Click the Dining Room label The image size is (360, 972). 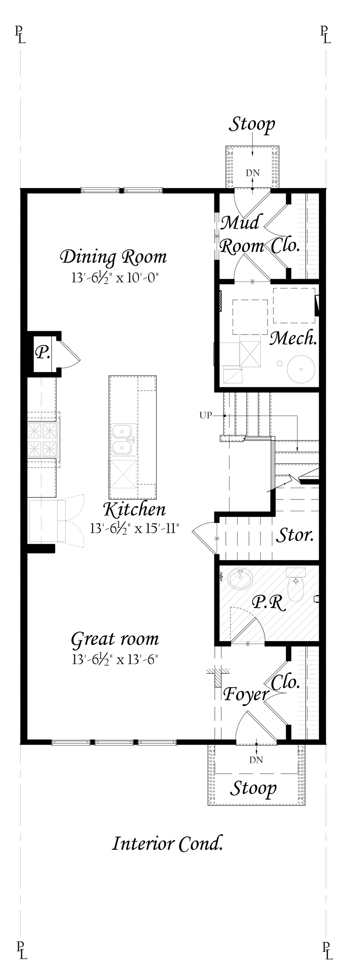(x=114, y=257)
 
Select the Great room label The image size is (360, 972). (x=115, y=639)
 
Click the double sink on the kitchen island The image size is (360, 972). (x=123, y=439)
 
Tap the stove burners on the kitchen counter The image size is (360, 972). (x=42, y=439)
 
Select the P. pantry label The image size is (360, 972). (x=42, y=352)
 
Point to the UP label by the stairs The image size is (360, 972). (x=206, y=416)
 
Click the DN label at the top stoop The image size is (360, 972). (x=253, y=173)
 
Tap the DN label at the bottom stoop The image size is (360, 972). (x=256, y=760)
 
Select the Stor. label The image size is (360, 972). (x=295, y=535)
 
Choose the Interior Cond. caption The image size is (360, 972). (x=167, y=844)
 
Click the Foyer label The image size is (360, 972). (x=246, y=694)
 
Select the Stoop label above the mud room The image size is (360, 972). (x=252, y=124)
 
